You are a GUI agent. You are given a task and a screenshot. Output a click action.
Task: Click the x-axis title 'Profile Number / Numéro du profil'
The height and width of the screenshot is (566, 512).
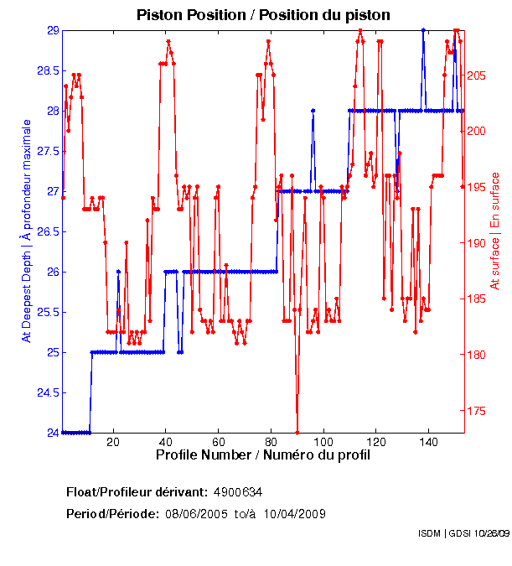point(262,456)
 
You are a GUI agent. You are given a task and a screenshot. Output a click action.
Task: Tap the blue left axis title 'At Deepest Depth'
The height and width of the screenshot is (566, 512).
point(27,231)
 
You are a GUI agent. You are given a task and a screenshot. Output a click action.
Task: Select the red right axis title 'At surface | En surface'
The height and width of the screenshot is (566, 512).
point(494,231)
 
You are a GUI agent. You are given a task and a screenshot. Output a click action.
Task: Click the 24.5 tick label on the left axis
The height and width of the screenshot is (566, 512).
point(48,392)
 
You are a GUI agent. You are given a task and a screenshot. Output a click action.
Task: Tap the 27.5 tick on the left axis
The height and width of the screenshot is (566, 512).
point(48,151)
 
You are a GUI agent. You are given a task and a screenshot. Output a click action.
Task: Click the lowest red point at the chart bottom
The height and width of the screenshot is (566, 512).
point(297,433)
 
